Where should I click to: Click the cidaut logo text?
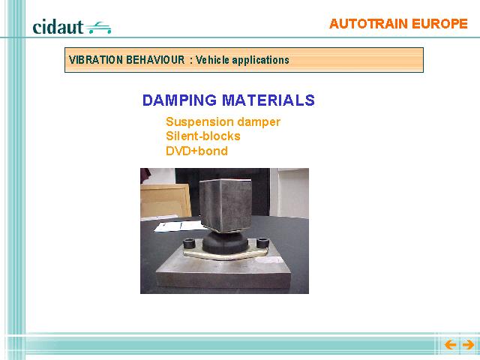(58, 27)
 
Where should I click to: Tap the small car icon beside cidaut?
(98, 28)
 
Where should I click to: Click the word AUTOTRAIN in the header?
(368, 24)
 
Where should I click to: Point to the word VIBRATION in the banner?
(96, 60)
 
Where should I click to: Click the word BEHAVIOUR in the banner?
(155, 60)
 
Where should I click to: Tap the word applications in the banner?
(260, 60)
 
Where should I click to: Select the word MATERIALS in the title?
(268, 100)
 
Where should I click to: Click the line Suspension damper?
(223, 121)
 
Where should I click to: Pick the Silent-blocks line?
(203, 136)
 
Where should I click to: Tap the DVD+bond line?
(196, 151)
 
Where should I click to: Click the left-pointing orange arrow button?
(451, 345)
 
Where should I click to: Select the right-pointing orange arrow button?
(468, 345)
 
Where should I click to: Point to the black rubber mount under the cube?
(226, 241)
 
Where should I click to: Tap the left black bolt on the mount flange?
(190, 244)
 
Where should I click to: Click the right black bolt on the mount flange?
(262, 242)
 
